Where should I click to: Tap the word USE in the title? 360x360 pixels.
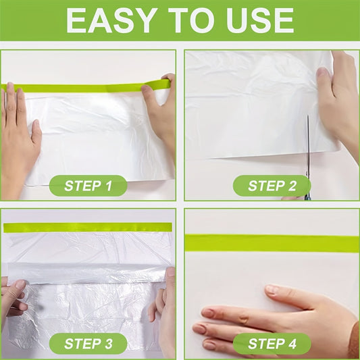coord(260,21)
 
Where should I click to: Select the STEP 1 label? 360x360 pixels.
coord(88,186)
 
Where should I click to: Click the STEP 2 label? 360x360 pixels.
coord(272,186)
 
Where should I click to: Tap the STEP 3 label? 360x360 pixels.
coord(88,344)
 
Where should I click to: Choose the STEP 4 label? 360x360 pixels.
coord(272,344)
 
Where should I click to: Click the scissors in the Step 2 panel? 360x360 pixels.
coord(308,159)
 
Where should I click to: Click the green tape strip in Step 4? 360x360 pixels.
coord(272,243)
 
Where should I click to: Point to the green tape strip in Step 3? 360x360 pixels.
coord(88,228)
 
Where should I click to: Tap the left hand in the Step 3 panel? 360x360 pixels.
coord(14,303)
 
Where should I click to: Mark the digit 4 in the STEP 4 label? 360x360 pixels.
coord(292,344)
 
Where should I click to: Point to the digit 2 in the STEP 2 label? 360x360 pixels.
coord(292,186)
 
